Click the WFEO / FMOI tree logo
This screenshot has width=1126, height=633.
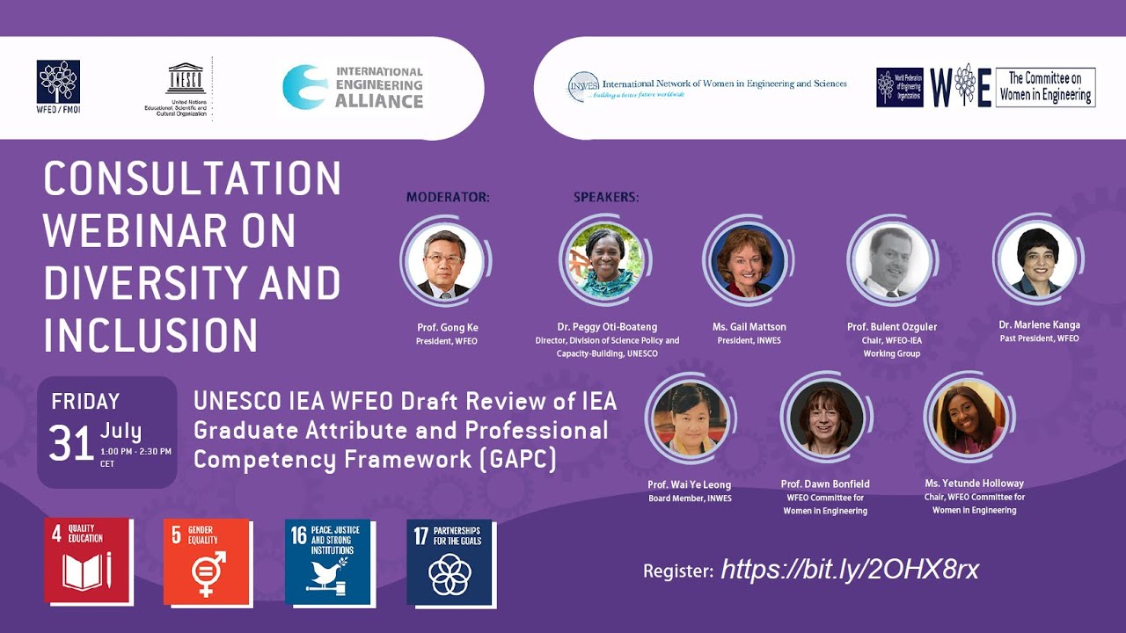[58, 82]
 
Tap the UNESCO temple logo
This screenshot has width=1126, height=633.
[185, 79]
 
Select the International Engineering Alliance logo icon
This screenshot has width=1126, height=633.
[305, 87]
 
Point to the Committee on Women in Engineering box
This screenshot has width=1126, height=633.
[1045, 87]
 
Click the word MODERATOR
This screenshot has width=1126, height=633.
[448, 198]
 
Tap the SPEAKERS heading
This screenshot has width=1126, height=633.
[606, 198]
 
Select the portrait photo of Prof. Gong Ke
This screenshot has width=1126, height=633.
[444, 261]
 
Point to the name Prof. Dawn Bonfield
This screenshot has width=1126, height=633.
[824, 484]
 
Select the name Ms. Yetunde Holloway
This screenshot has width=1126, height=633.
[974, 484]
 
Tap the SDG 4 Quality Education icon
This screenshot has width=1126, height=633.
[88, 561]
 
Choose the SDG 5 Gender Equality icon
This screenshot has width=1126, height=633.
[208, 561]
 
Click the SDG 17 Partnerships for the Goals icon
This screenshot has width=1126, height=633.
[450, 562]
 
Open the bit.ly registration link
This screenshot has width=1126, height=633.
[850, 570]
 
